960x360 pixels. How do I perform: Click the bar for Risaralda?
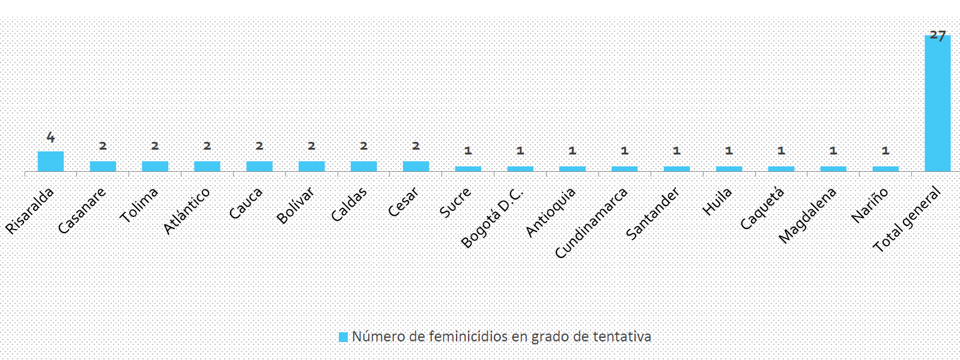pos(50,161)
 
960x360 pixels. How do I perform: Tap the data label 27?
pos(938,35)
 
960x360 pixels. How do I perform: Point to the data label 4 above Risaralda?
pos(50,138)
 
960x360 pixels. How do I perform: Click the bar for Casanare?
pos(103,166)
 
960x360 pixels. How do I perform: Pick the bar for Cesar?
pos(416,166)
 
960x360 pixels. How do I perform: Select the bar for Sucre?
pos(468,169)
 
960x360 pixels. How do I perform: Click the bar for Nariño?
pos(886,169)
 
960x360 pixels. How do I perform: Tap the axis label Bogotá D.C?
pos(493,218)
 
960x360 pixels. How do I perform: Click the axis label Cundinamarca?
pos(591,223)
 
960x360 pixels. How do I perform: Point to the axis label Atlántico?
pos(187,210)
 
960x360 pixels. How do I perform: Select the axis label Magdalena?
pos(807,215)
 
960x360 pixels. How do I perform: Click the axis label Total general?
pos(907,219)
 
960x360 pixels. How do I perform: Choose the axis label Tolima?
pos(139,204)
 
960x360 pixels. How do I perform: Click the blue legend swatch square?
pos(343,337)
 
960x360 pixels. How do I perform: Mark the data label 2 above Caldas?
pos(363,146)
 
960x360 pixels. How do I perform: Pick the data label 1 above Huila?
pos(729,151)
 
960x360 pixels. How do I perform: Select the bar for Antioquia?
pos(573,169)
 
